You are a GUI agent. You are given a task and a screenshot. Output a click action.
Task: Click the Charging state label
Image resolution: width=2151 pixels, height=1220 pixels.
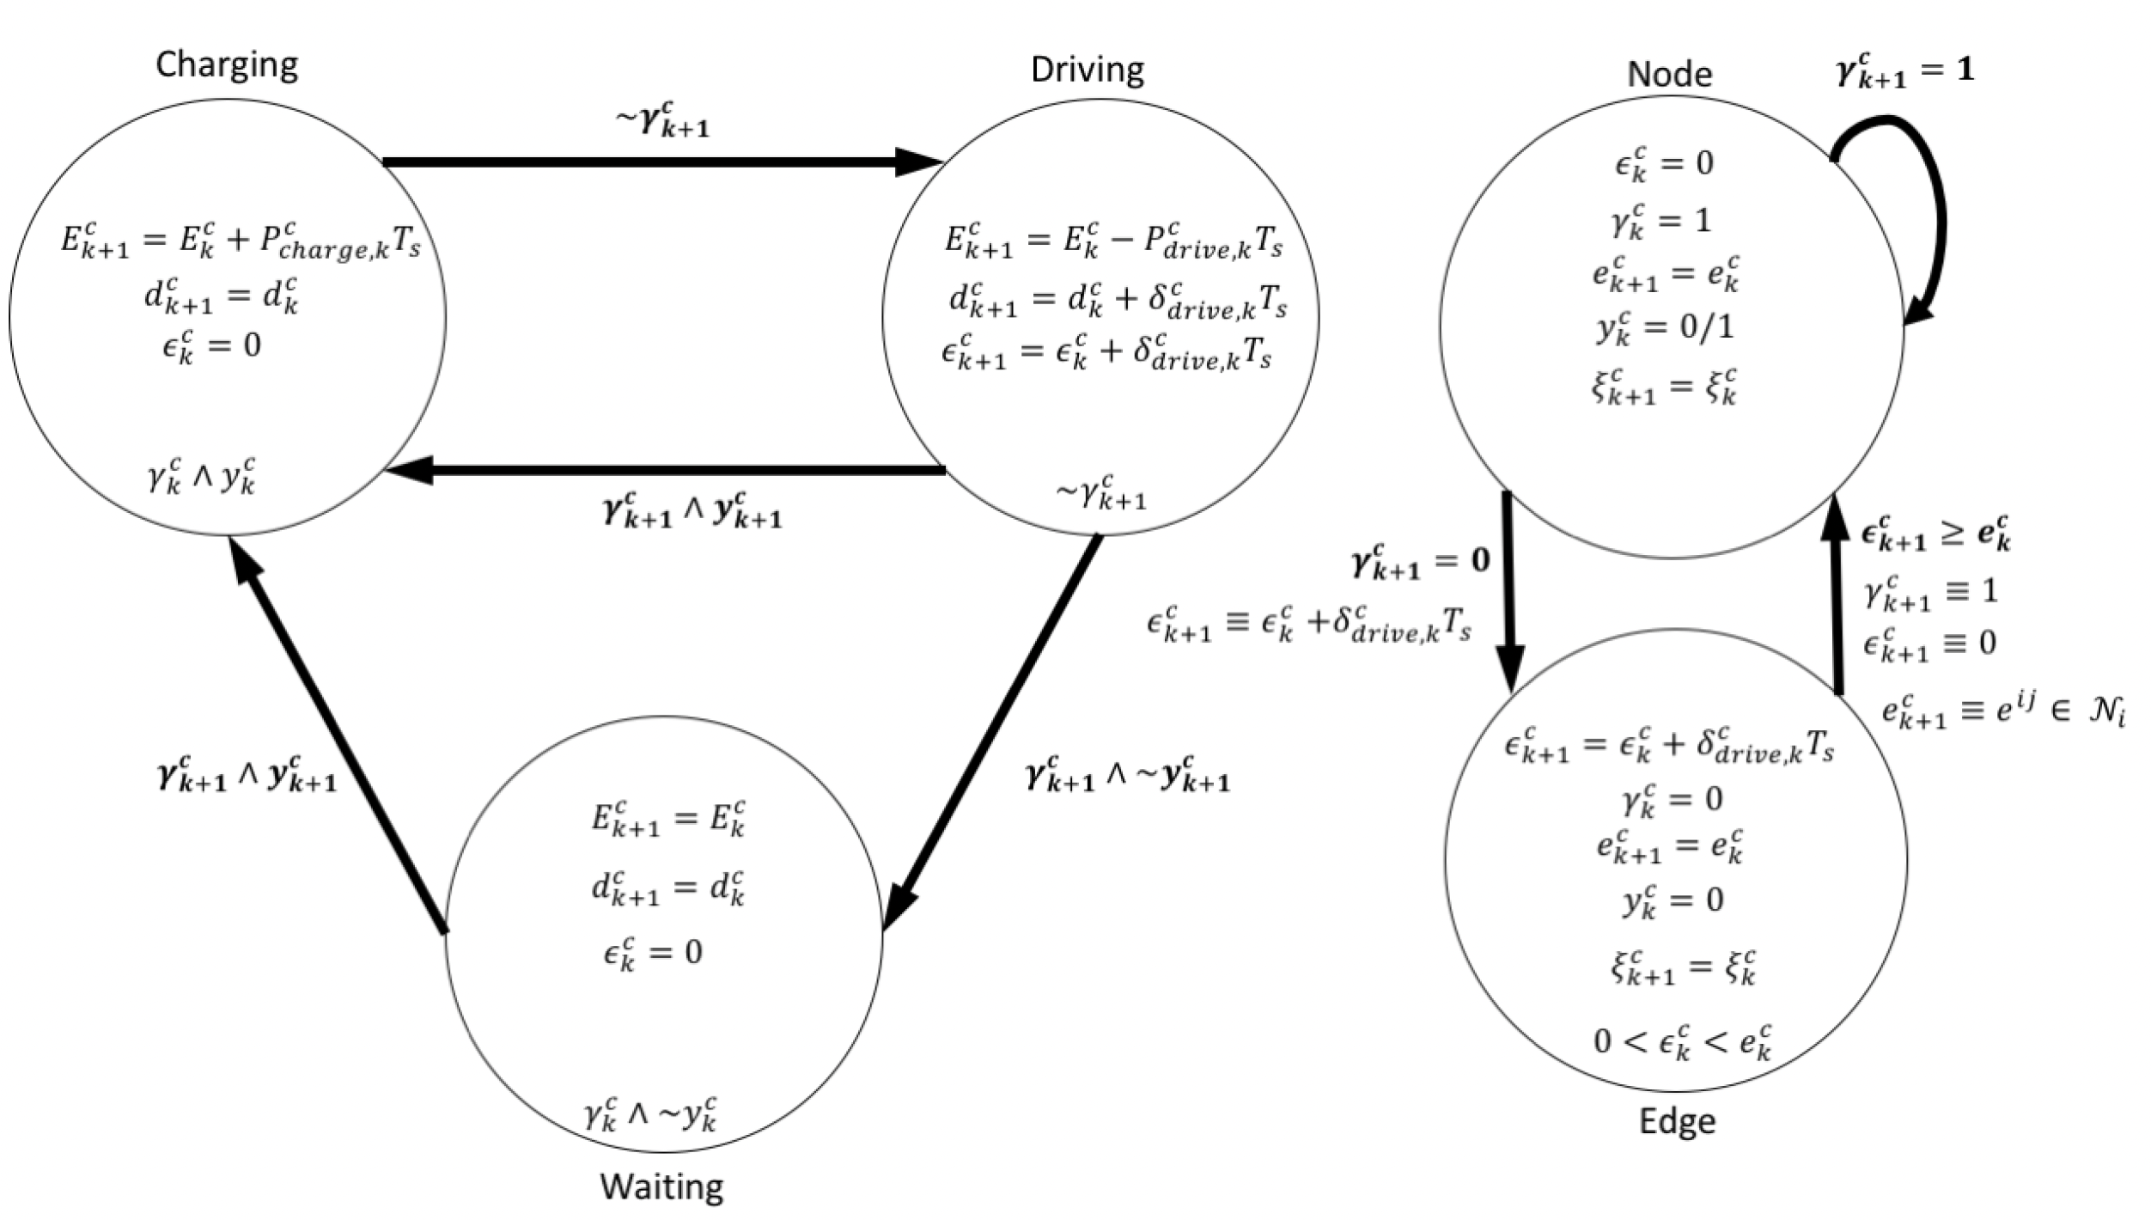point(227,65)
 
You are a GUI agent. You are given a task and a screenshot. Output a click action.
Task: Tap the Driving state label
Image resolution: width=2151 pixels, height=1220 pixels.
point(1087,70)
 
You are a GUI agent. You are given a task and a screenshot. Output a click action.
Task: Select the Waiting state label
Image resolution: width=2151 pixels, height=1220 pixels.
point(661,1187)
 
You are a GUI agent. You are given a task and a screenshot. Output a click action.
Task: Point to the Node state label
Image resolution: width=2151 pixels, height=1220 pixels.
point(1669,75)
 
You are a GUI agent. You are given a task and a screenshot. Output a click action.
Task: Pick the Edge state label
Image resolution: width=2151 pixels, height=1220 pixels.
point(1677,1122)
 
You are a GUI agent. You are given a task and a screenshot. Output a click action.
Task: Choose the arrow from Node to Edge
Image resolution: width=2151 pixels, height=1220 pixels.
point(1509,593)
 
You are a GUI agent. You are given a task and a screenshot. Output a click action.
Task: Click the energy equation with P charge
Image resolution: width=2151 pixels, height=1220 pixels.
point(241,241)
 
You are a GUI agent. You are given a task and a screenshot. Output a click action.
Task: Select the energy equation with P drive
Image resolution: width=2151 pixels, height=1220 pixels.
point(1113,241)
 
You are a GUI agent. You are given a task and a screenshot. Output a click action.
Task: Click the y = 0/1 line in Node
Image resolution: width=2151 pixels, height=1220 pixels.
point(1665,329)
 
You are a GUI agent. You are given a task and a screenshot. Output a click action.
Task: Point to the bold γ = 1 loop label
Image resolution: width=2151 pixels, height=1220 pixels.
point(1904,72)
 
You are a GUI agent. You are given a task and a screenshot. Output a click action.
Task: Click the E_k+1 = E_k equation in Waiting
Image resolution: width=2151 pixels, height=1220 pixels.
point(667,818)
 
